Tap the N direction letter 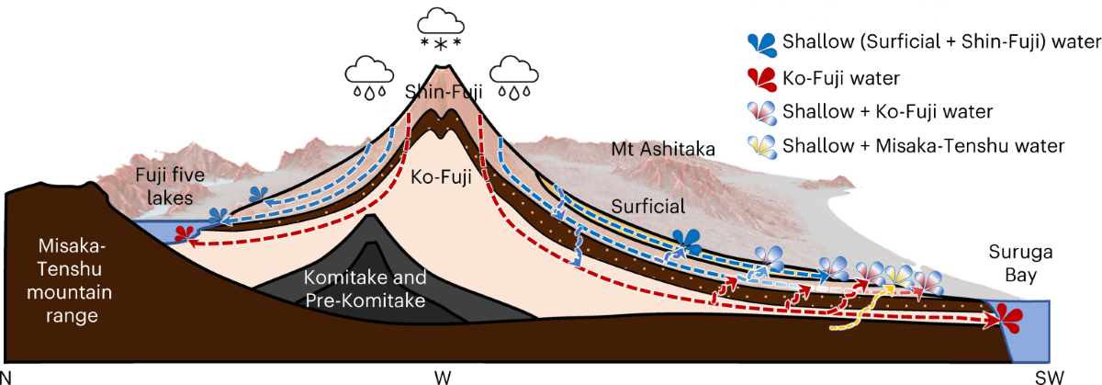(x=7, y=376)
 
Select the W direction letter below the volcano (x=443, y=376)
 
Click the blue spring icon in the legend (x=763, y=42)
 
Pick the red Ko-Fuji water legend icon (x=763, y=77)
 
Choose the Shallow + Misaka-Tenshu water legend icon (x=763, y=146)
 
